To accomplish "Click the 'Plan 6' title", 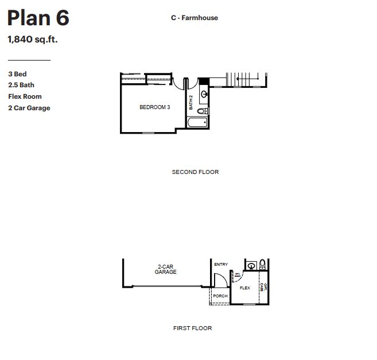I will pos(38,18).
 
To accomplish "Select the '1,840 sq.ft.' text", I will pos(33,40).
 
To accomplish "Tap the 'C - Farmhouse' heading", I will pos(194,18).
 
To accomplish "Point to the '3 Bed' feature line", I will pos(17,74).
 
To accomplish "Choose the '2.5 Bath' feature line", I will pos(21,85).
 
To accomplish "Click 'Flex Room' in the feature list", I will pos(25,96).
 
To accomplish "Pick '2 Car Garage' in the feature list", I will pos(29,108).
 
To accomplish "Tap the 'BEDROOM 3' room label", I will pos(155,107).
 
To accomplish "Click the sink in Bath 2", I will pos(204,95).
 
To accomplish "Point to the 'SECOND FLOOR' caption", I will pos(195,172).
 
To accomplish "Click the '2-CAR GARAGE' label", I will pos(165,269).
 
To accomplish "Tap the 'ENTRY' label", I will pos(221,265).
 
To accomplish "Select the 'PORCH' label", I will pos(220,296).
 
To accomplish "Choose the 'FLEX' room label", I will pos(245,288).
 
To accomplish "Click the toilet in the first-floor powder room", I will pos(262,265).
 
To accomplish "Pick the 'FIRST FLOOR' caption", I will pos(192,328).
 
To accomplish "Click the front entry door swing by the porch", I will pos(219,280).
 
